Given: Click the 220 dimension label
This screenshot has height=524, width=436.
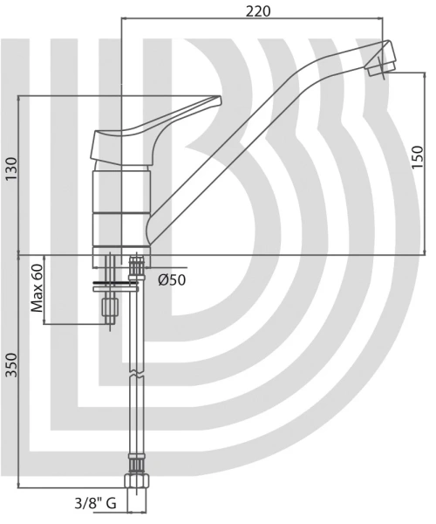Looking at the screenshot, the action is point(258,11).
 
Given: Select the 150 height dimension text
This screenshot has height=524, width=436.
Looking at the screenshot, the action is point(418,157).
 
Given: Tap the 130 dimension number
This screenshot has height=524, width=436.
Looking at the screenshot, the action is point(11,169).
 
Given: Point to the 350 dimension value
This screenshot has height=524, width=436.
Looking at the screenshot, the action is point(11,365).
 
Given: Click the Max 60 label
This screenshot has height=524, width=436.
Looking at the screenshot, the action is point(37,288).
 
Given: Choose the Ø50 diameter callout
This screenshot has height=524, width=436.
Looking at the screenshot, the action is point(172,280).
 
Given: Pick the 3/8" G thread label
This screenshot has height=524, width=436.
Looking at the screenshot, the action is point(95,503).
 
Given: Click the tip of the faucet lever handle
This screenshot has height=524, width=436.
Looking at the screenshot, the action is point(220,100).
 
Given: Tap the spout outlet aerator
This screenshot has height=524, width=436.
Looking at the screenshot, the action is point(379,68).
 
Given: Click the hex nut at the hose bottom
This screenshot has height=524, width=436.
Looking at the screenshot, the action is point(136,481).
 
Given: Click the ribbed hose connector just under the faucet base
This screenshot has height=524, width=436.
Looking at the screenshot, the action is point(136,266).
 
